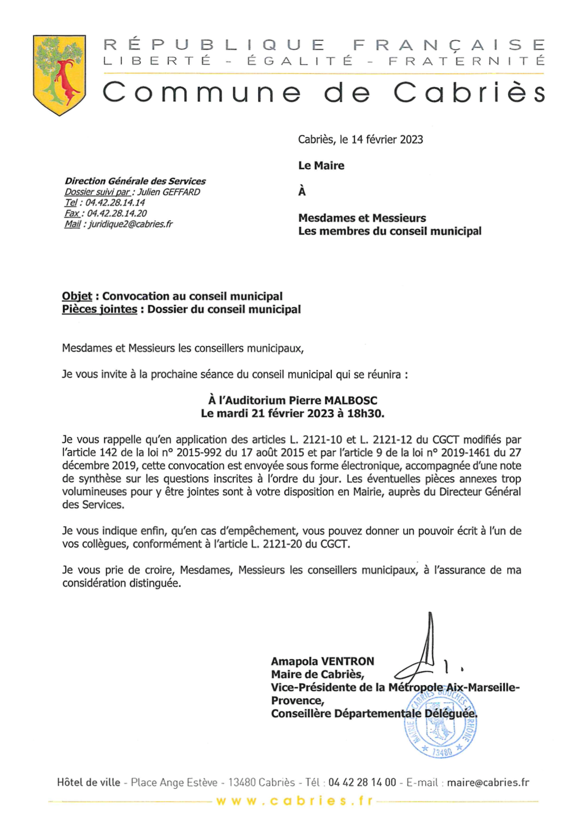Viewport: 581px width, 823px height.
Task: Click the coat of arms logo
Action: point(59,75)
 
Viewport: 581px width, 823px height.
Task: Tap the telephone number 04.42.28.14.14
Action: point(115,203)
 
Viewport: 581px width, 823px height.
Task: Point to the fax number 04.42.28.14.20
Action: point(117,214)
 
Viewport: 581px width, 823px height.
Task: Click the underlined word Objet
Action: point(77,296)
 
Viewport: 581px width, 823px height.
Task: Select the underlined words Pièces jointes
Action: point(99,309)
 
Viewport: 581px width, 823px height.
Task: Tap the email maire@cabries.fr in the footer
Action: point(488,783)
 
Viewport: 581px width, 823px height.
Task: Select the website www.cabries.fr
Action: point(294,801)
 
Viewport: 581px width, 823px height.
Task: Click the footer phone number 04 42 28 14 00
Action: point(362,783)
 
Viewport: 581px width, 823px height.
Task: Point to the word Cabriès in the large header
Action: point(468,93)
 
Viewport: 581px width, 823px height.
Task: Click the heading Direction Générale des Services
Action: point(135,181)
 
